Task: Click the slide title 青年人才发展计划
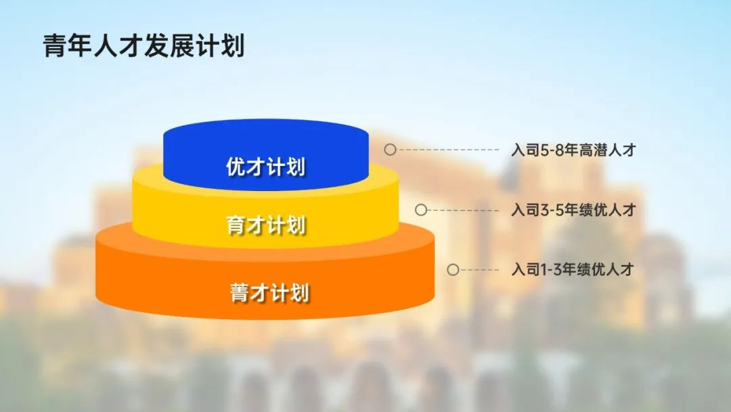[143, 45]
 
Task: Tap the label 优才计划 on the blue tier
[266, 167]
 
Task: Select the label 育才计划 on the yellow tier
[266, 225]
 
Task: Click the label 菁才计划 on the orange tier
[269, 293]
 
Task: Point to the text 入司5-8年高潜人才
[573, 150]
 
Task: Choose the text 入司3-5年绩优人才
[573, 210]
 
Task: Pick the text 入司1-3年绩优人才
[573, 269]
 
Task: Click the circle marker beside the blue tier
[391, 149]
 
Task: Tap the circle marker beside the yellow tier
[421, 210]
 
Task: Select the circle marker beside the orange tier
[453, 270]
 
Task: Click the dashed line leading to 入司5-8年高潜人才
[447, 150]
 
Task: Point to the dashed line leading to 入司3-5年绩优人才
[463, 211]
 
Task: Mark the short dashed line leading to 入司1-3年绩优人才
[479, 270]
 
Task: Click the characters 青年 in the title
[68, 45]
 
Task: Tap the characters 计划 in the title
[220, 45]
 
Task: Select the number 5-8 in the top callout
[552, 150]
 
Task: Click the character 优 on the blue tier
[236, 167]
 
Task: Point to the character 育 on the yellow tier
[236, 225]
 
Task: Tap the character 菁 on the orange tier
[240, 293]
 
